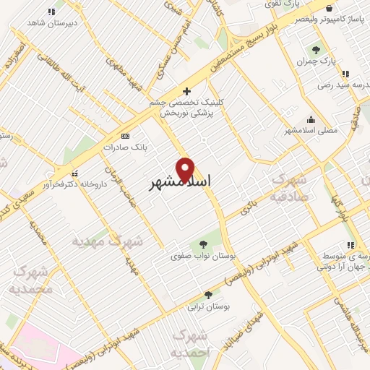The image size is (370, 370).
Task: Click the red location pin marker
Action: [186, 169]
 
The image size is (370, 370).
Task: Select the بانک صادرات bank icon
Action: [126, 136]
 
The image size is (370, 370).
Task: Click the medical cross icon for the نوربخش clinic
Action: [187, 91]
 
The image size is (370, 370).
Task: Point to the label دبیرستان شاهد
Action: [51, 23]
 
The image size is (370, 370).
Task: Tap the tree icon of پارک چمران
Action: [315, 50]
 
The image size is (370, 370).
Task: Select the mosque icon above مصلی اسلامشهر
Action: [311, 119]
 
